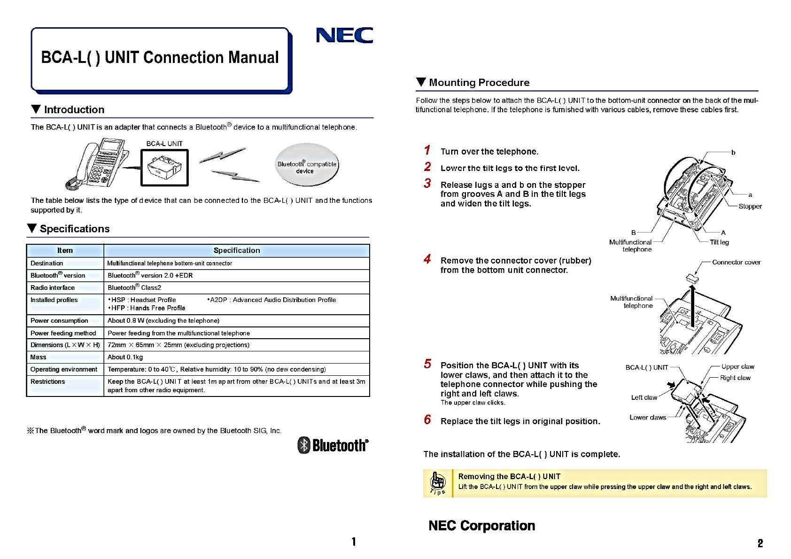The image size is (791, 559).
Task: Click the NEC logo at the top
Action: pos(344,35)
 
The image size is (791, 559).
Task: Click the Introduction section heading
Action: pos(74,109)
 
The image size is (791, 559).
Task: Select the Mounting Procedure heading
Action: pos(479,83)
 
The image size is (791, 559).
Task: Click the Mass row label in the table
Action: pos(39,357)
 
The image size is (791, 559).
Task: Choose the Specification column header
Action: pos(236,250)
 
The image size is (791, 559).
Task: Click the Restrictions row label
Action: pos(48,381)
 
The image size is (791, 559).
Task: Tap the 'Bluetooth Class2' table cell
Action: pos(134,287)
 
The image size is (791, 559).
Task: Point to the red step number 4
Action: pos(427,259)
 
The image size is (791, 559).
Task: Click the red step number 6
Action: pos(427,419)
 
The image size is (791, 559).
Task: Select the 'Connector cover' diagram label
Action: pos(736,262)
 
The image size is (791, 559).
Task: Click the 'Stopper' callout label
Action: pos(750,206)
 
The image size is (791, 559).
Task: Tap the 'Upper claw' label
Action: pos(737,366)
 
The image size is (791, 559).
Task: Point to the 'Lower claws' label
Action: pos(647,417)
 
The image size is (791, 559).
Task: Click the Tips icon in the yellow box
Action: pos(438,483)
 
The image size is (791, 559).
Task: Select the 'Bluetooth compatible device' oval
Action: pos(306,165)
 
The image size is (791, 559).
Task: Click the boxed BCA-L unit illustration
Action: pos(164,167)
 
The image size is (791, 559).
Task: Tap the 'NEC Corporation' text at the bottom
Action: pos(481,526)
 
